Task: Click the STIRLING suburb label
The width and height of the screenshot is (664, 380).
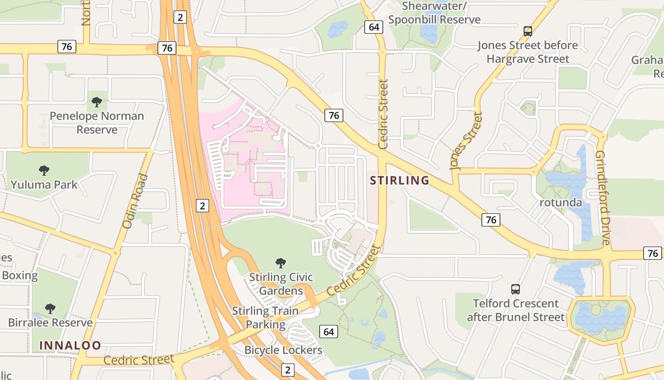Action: (x=399, y=180)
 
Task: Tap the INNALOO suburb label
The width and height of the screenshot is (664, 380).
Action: (x=70, y=345)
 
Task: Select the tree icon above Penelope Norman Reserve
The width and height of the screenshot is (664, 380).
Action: (x=97, y=102)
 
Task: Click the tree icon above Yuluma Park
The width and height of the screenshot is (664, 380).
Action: (x=44, y=170)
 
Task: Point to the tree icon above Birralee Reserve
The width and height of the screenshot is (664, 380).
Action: (x=50, y=308)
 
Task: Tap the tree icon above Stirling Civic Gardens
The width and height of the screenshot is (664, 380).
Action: (x=281, y=263)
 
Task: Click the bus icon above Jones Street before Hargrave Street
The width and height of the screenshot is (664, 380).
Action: (x=527, y=31)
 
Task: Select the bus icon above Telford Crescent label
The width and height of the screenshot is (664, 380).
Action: (x=516, y=289)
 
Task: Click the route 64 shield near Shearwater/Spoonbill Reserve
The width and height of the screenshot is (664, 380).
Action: (x=374, y=27)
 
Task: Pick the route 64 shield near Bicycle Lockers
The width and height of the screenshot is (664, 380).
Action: (x=328, y=332)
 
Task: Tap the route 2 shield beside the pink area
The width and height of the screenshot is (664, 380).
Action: (x=203, y=206)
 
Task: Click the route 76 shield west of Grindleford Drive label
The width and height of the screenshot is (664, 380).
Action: (x=491, y=219)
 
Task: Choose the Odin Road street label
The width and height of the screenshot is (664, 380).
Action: (x=136, y=201)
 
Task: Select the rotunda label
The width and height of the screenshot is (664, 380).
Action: (x=561, y=203)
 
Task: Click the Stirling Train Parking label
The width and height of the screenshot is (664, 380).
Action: (x=265, y=318)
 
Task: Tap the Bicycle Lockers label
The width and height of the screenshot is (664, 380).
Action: (x=283, y=351)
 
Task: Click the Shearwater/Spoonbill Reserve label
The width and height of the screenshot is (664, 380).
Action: (x=434, y=13)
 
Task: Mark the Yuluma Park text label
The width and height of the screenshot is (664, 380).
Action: (x=44, y=185)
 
